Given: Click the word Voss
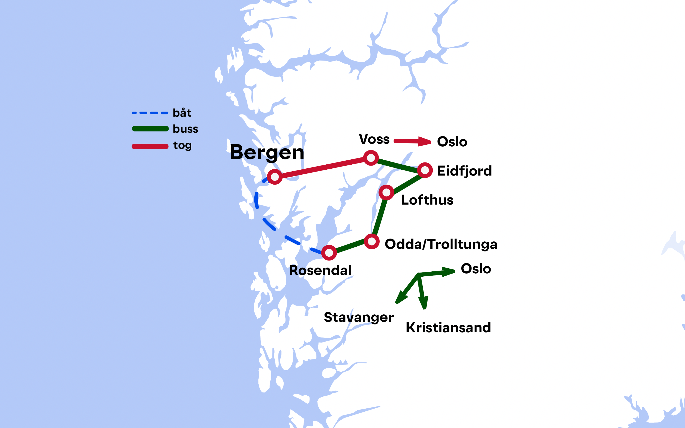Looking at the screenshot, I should pos(374,139).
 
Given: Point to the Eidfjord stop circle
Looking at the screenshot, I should pos(425,170).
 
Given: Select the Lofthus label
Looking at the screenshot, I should pos(427,200).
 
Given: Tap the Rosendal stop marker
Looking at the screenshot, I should pos(329,253).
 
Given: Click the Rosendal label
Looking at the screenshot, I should pos(320,271).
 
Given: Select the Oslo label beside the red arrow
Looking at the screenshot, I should pos(452,142).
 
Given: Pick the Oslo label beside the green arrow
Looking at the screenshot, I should pos(476,269).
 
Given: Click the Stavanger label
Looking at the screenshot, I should pos(359,317).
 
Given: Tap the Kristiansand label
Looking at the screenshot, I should pos(448,328).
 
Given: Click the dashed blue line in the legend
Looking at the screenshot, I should pos(150,113).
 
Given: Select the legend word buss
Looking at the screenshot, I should pos(185,129).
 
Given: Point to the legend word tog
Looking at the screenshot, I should pos(182,146).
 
